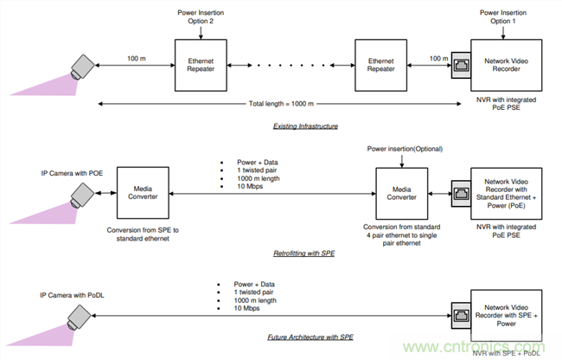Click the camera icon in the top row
84,66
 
